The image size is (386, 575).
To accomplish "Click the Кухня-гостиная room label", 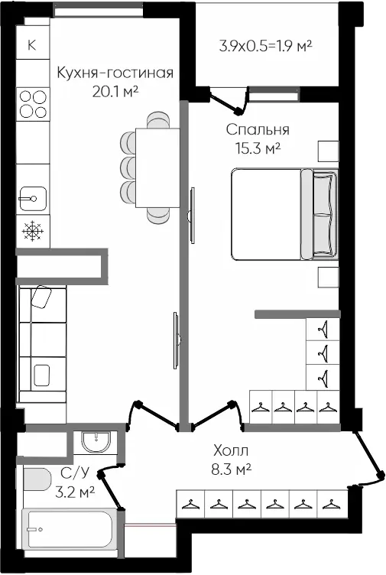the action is tap(115, 73).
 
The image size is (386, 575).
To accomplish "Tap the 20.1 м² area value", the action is tap(115, 91).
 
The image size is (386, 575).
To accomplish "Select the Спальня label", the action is tap(258, 129).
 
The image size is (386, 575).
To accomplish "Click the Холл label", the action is tap(231, 450).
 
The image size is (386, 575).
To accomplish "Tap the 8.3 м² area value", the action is tap(231, 469).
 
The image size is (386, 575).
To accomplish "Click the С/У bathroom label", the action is tap(75, 473).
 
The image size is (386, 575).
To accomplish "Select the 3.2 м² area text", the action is tap(75, 492).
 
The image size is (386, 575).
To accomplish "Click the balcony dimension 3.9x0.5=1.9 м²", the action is tap(266, 46).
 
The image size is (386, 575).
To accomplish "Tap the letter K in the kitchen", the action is tap(32, 45).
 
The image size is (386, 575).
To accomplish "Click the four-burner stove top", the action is tap(33, 105).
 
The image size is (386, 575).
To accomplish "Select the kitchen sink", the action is tap(33, 199).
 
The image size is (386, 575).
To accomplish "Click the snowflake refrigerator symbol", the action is tap(33, 231).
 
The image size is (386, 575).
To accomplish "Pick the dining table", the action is tap(157, 168).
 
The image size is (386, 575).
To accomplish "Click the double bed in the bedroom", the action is tap(284, 214).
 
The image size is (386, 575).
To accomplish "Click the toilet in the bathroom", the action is tap(37, 479).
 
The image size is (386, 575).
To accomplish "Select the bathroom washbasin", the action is tap(96, 442).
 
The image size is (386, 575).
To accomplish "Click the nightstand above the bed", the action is tap(328, 151).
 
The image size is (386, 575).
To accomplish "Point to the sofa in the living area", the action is tap(43, 345).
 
